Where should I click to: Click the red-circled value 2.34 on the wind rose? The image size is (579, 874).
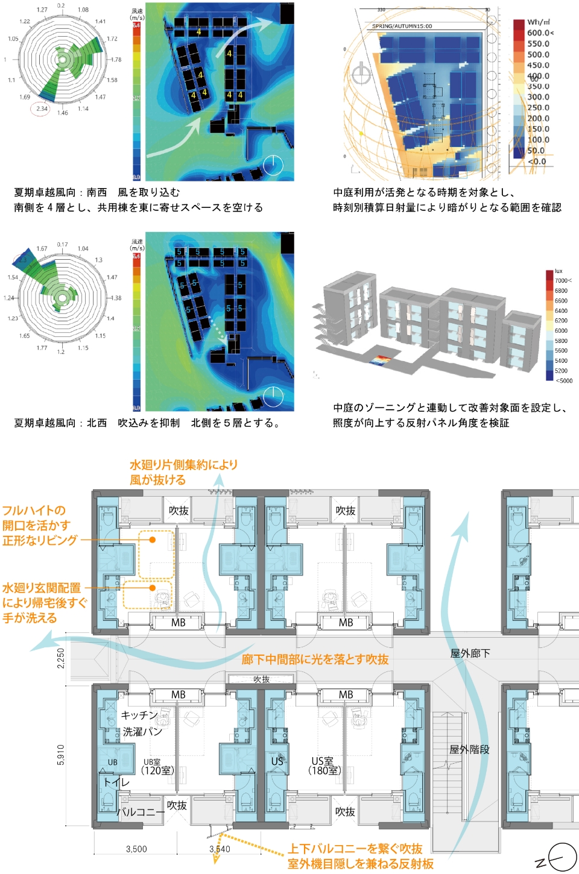click(41, 109)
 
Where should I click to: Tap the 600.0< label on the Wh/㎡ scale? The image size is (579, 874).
click(540, 33)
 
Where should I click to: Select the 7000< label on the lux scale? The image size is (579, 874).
click(563, 280)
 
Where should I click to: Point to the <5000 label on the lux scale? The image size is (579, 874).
click(564, 381)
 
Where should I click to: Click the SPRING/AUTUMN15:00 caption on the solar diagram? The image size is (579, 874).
click(402, 27)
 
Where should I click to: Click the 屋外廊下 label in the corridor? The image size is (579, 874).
click(470, 653)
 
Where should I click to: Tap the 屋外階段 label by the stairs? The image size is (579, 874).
click(469, 750)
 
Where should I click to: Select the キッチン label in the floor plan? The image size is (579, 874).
click(139, 715)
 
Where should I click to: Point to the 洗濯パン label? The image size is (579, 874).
click(142, 732)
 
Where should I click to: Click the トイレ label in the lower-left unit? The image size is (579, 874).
click(116, 782)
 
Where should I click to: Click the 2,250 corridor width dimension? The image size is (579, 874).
click(61, 658)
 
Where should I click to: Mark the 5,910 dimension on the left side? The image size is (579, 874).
click(61, 755)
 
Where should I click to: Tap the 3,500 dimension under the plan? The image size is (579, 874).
click(136, 849)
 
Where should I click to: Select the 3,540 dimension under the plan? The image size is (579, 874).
click(220, 849)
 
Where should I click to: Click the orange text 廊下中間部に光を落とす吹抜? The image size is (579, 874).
click(315, 659)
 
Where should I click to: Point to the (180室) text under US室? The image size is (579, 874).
click(324, 771)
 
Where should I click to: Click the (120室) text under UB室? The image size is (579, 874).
click(157, 771)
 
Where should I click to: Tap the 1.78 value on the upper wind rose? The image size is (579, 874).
click(116, 60)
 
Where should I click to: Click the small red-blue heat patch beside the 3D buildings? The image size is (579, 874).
click(380, 360)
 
